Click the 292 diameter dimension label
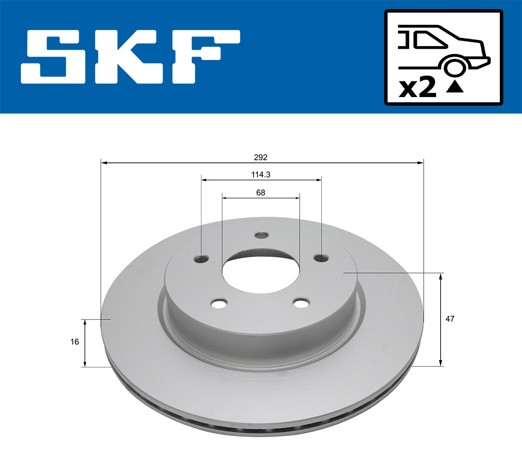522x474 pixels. tap(261, 157)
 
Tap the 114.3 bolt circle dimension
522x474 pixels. tap(261, 175)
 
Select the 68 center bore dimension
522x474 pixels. tap(261, 192)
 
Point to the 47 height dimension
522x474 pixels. tap(450, 319)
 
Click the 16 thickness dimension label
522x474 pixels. tap(75, 342)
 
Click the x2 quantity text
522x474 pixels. tap(418, 88)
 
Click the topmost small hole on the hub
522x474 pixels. tap(261, 235)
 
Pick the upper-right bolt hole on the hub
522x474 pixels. tap(321, 258)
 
